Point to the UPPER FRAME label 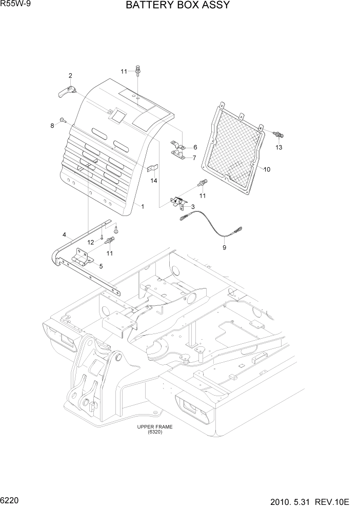154,427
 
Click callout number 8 52,126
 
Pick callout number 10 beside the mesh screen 267,169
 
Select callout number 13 279,148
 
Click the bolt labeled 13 278,134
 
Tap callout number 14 154,181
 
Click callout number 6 195,147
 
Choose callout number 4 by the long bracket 65,234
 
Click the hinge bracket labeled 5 82,257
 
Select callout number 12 90,242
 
